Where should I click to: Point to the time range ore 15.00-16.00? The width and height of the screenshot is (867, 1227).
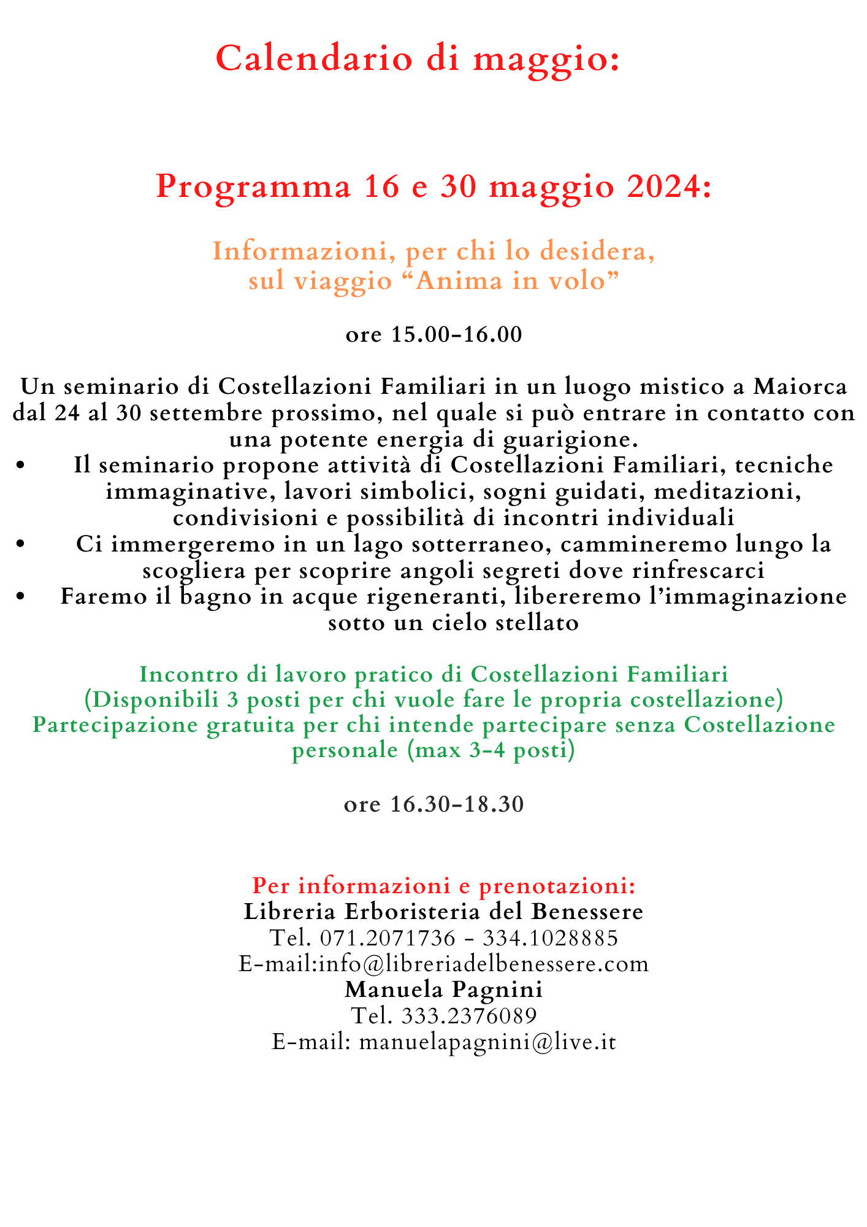point(433,335)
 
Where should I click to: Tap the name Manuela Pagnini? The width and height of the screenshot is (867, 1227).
point(443,990)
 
